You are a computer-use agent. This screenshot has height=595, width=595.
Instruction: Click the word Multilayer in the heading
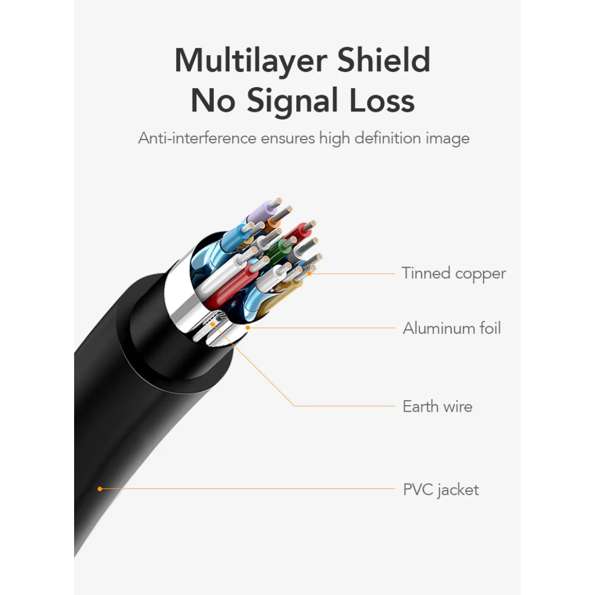pos(251,61)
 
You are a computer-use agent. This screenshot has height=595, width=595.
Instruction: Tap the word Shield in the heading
pos(384,59)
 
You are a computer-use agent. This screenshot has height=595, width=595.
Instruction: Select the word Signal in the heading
pos(292,101)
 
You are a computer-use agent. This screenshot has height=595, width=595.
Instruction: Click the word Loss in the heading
pos(382,100)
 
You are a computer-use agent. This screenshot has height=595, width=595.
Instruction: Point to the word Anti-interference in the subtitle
pos(197,138)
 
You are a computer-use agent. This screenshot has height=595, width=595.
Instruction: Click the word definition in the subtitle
pos(388,138)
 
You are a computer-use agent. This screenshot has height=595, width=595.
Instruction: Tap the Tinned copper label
pos(453,274)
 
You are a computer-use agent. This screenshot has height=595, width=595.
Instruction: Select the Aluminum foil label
pos(452,328)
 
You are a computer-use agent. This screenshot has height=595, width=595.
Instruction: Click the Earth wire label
pos(437,406)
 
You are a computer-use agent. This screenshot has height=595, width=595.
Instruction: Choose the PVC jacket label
pos(440,490)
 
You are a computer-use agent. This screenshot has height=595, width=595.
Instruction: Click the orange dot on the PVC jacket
pos(100,489)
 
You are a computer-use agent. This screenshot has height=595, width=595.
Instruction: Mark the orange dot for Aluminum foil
pos(248,327)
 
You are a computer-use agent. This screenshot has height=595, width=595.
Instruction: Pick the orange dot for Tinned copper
pos(309,273)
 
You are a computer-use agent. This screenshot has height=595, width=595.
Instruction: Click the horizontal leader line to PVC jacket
pos(247,489)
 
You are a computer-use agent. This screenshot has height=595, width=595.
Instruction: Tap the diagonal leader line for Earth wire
pos(254,365)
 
